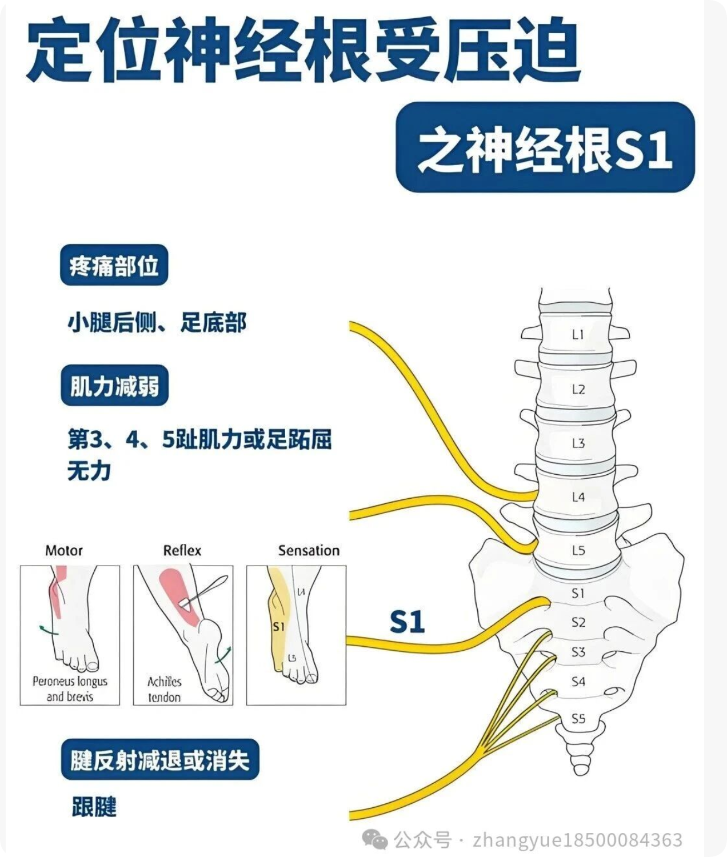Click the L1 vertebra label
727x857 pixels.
point(578,334)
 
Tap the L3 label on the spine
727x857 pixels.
point(578,443)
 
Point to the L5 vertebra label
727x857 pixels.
point(578,550)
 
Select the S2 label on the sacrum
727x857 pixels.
point(578,622)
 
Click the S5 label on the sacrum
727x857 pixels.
point(578,719)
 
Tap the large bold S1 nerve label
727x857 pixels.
point(407,622)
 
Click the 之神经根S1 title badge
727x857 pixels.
point(545,147)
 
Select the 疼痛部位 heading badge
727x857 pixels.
point(114,265)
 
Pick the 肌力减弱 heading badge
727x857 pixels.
point(114,386)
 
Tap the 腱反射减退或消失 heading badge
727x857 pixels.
point(160,760)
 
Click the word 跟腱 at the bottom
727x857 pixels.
point(94,807)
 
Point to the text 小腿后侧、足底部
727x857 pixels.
point(157,323)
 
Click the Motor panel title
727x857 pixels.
point(64,551)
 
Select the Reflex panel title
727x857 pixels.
point(182,551)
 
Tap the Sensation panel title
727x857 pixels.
point(309,551)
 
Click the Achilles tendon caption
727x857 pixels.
point(165,689)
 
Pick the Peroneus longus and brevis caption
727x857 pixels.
point(70,688)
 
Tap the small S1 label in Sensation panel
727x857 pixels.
point(278,627)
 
